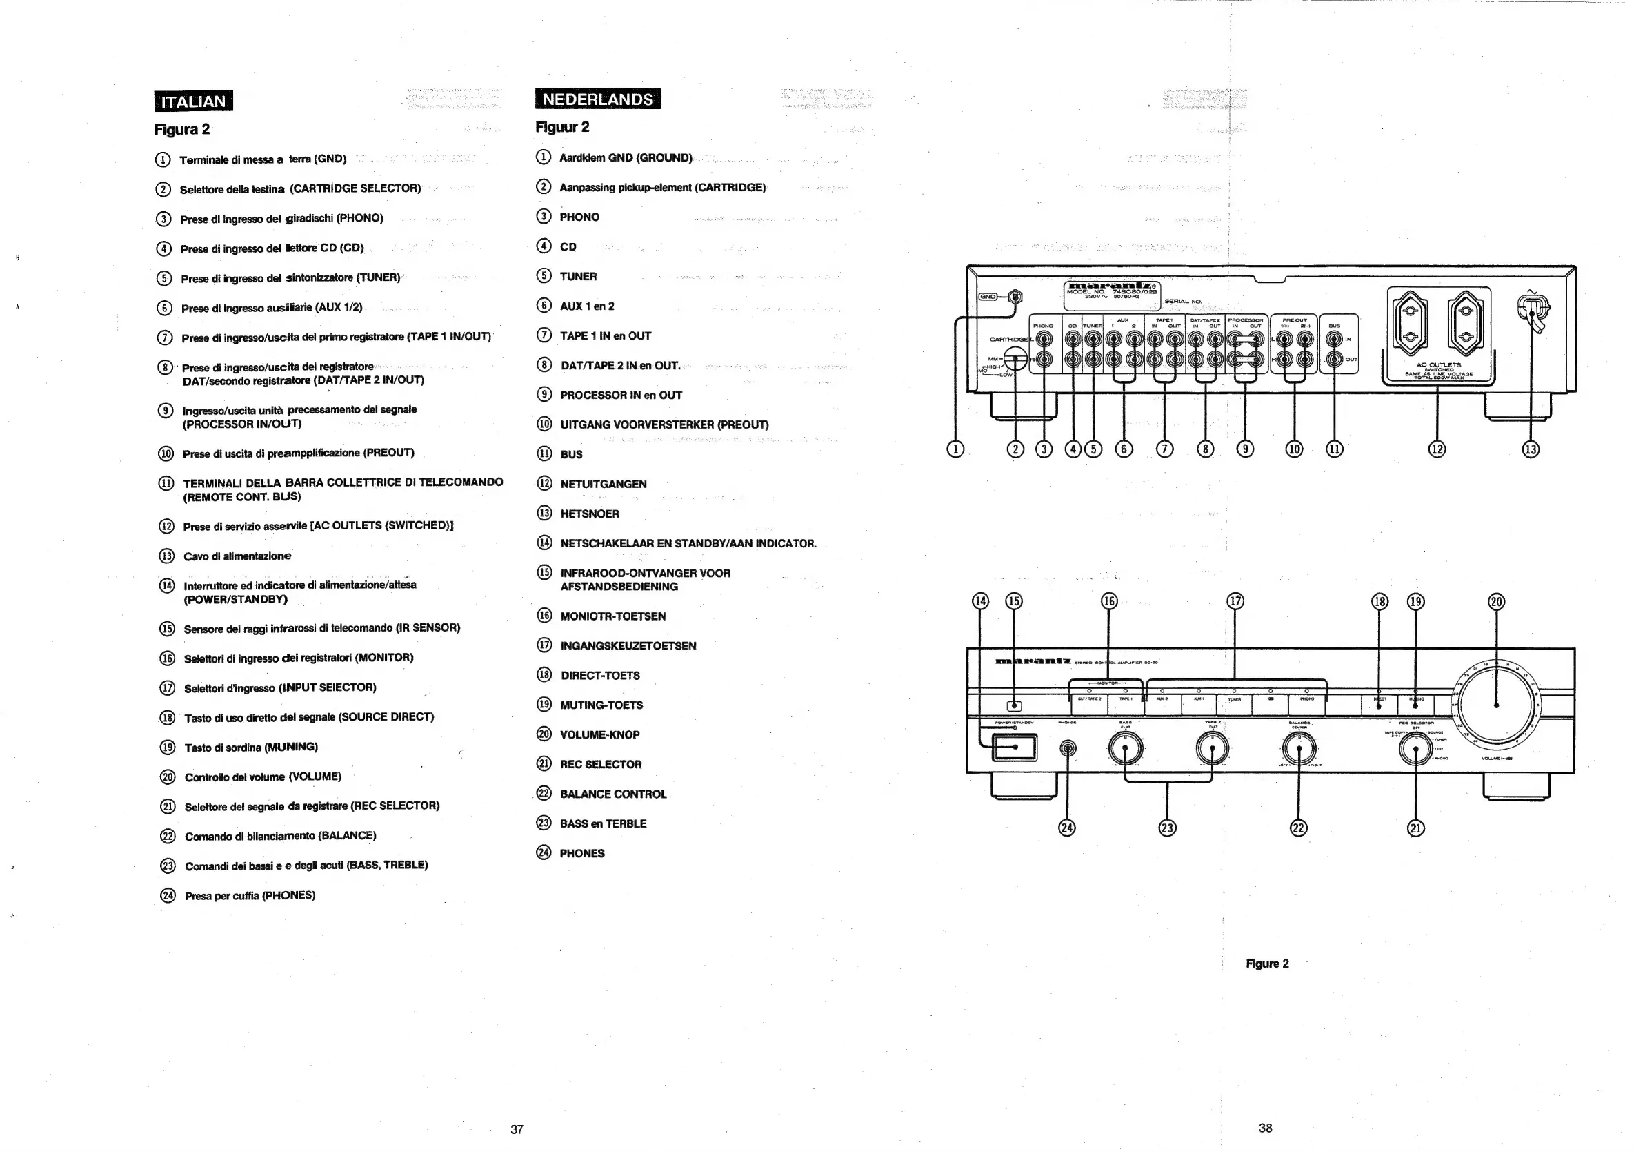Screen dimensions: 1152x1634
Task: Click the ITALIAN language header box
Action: point(193,101)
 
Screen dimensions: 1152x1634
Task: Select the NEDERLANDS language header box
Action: point(597,99)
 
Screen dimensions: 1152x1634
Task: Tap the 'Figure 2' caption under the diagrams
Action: point(1267,964)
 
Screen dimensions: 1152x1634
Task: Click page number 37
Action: point(517,1129)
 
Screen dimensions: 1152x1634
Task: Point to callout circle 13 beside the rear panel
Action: point(1530,449)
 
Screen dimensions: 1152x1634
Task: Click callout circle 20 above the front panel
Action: point(1497,602)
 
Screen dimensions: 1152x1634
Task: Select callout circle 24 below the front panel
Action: point(1066,828)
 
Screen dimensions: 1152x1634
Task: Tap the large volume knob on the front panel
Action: point(1496,705)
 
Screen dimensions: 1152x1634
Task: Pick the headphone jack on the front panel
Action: point(1067,748)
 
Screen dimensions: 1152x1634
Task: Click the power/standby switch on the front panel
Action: point(1015,748)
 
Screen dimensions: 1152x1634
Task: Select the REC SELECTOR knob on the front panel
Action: point(1415,750)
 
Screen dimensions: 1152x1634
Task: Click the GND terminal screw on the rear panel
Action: point(1015,296)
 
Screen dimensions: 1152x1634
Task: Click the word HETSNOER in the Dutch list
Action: point(589,514)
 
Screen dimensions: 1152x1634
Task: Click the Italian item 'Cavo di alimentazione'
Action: point(237,556)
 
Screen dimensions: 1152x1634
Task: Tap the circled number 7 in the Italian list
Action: point(164,338)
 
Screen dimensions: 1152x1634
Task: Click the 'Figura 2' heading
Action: point(181,129)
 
